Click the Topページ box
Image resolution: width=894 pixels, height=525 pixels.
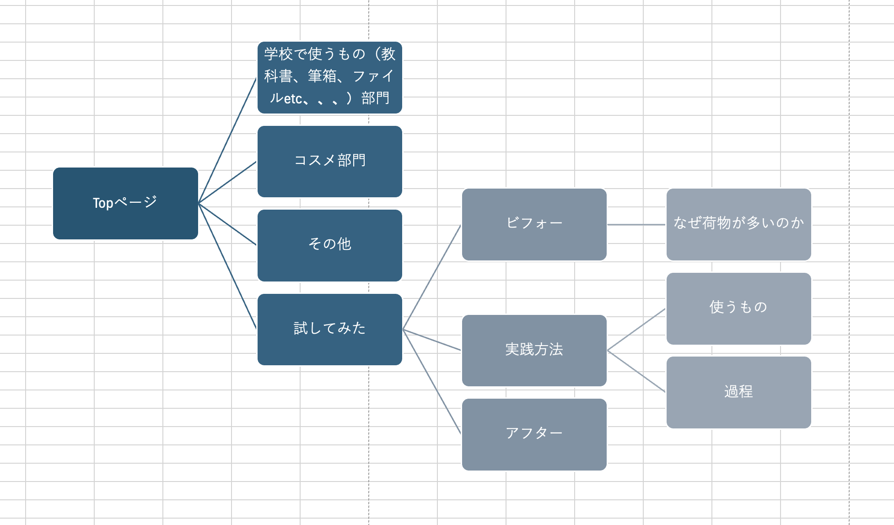point(125,203)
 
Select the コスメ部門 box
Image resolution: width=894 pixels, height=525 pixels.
point(329,161)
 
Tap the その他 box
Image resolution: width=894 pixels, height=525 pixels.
point(329,245)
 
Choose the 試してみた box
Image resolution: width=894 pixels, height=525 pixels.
point(329,329)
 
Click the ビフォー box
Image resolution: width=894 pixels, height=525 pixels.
point(534,224)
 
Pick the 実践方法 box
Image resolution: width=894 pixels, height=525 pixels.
point(534,350)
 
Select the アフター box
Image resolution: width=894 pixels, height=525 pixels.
point(534,434)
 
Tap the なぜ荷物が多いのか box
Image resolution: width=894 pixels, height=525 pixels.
point(738,224)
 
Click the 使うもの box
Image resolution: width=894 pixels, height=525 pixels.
point(738,308)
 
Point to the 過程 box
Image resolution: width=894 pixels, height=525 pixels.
point(738,392)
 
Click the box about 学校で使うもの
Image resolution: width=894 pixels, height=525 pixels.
point(329,77)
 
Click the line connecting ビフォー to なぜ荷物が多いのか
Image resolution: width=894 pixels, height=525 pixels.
point(636,225)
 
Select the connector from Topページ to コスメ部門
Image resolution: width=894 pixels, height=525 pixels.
point(227,182)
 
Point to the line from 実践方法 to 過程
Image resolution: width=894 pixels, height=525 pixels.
point(636,371)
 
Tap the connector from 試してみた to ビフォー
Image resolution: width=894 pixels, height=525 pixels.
point(432,277)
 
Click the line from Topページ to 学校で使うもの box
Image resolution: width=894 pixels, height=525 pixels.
point(227,140)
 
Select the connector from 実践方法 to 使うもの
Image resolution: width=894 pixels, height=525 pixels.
point(636,330)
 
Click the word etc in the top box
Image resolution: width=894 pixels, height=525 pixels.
point(293,98)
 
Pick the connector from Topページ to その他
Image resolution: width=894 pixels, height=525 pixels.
point(227,224)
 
